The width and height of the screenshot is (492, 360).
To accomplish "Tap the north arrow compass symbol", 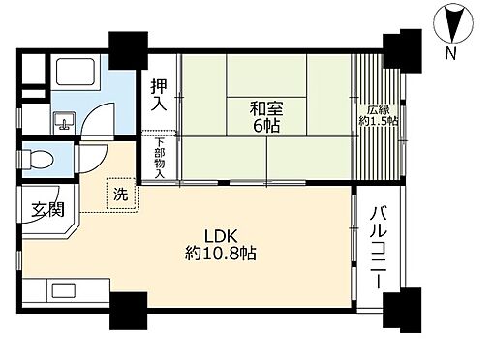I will pyautogui.click(x=453, y=21).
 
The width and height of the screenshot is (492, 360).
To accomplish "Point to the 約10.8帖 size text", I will pyautogui.click(x=221, y=255).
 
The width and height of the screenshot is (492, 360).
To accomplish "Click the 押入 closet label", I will pyautogui.click(x=159, y=95).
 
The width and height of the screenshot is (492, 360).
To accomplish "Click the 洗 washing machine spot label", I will pyautogui.click(x=120, y=194).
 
